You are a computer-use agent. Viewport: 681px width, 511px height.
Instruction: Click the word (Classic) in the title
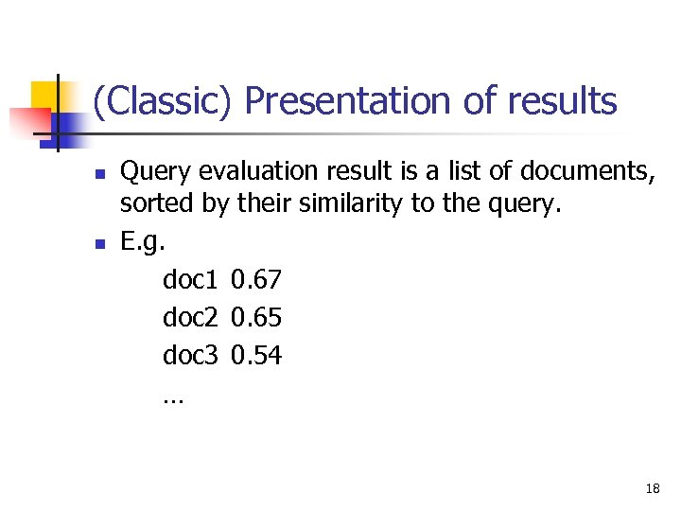(x=161, y=101)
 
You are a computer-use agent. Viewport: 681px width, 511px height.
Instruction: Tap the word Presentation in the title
(x=348, y=101)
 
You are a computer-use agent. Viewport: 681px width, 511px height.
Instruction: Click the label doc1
(x=191, y=279)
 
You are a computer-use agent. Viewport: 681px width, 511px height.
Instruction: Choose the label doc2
(x=191, y=317)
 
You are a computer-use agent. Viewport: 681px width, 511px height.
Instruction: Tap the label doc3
(x=191, y=355)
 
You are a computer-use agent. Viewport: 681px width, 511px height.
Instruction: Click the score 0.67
(x=256, y=279)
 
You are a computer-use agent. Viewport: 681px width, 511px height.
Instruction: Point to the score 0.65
(x=256, y=317)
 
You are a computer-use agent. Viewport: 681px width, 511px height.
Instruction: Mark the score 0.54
(x=256, y=355)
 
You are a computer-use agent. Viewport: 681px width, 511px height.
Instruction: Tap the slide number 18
(x=652, y=488)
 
